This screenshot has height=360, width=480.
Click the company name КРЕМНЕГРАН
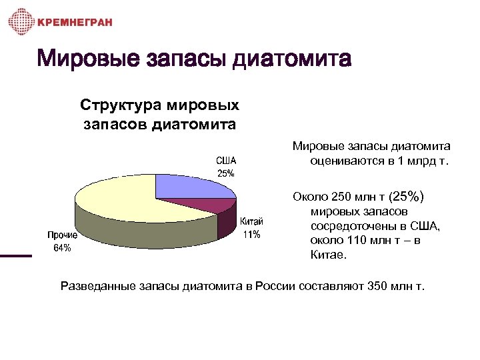(75, 22)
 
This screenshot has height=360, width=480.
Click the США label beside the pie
(225, 161)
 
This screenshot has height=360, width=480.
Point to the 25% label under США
(225, 173)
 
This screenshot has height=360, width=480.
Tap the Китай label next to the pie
(251, 223)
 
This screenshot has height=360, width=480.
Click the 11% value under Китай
(251, 235)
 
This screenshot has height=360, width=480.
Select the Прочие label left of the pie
(62, 235)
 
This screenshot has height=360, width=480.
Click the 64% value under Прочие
(62, 248)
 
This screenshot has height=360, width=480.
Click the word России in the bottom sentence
(281, 287)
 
